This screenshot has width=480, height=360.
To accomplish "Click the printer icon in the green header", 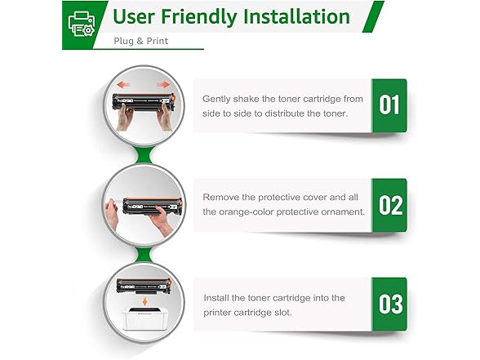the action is tap(82, 24).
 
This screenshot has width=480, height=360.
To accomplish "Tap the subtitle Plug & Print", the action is tap(140, 41).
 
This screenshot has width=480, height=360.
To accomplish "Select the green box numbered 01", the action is tap(389, 105).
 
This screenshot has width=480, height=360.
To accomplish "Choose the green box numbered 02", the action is tap(389, 205).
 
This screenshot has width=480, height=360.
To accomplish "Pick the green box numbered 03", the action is tap(389, 304).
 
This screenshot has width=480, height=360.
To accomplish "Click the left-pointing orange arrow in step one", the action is tap(124, 85).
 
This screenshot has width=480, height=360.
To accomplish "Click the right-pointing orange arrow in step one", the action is tap(163, 85).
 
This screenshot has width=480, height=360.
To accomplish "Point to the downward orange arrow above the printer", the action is tap(144, 302).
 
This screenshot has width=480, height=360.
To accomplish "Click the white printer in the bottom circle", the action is tap(144, 318).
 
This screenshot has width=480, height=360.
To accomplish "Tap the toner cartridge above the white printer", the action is tap(144, 287).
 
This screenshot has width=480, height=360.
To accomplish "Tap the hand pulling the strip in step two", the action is tap(111, 213).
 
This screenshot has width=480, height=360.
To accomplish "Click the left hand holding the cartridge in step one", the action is tap(125, 117).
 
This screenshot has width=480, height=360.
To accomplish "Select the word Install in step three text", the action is tap(216, 298).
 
